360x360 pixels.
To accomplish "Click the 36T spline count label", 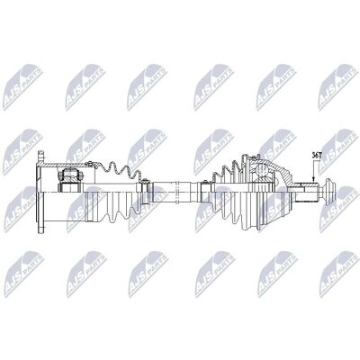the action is pos(316,156).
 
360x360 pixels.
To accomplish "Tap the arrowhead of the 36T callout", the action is pos(312,180).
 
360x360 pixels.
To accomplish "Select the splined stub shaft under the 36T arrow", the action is pos(305,192).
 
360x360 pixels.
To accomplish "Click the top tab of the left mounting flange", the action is pos(41,157).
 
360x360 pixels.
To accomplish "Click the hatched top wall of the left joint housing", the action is pos(66,166).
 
